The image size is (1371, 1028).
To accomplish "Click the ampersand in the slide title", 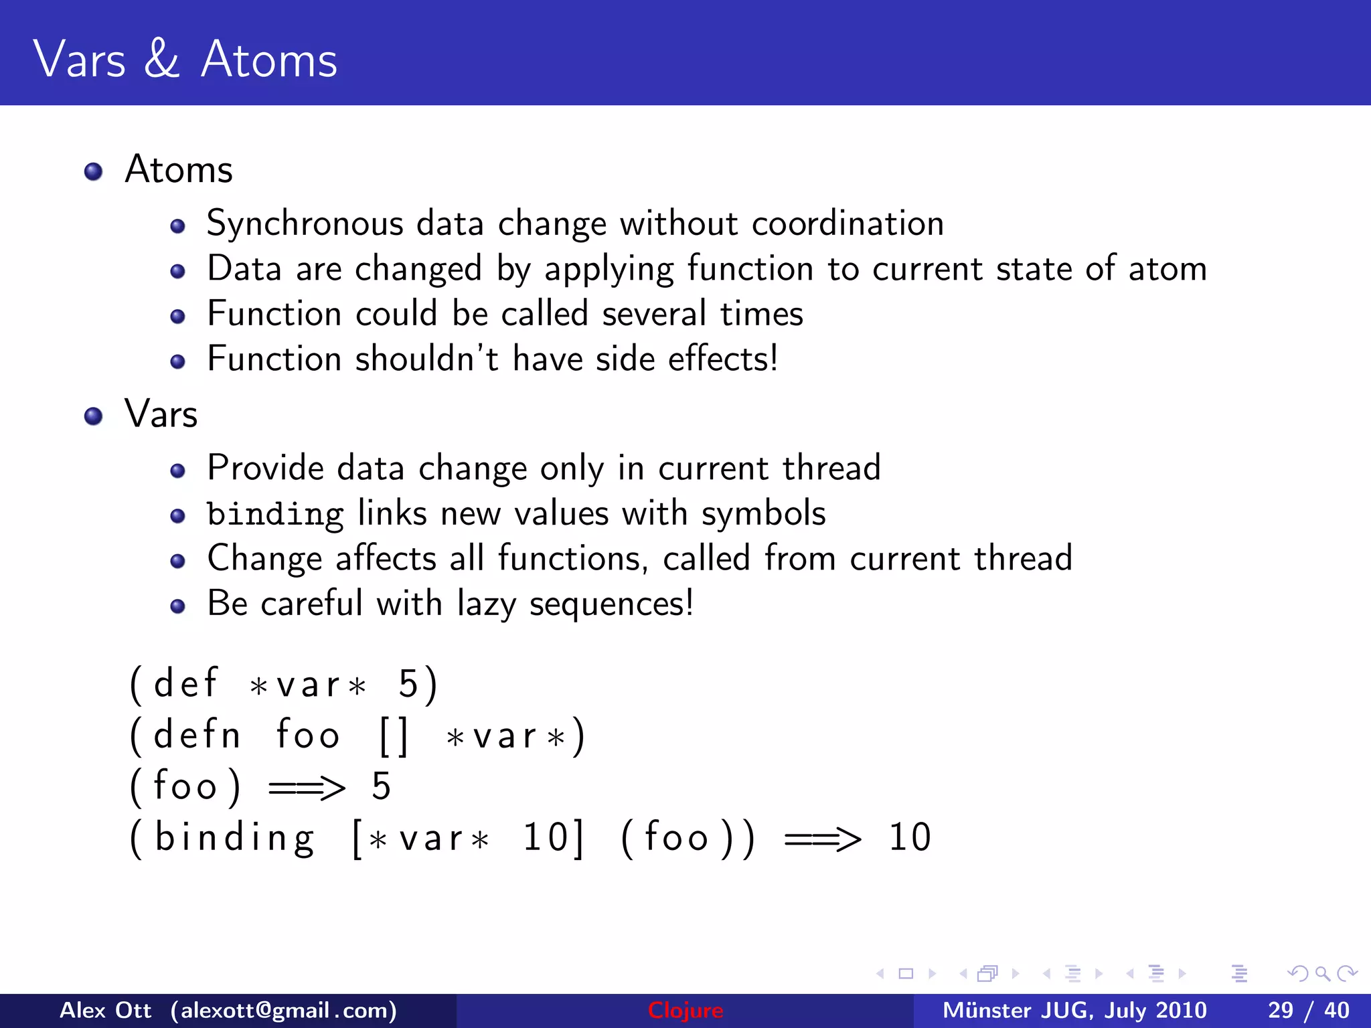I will [x=161, y=59].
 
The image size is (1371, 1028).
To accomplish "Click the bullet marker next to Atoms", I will [x=93, y=172].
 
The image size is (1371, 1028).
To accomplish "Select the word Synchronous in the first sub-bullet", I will [x=305, y=224].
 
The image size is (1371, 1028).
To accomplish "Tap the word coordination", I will [x=848, y=224].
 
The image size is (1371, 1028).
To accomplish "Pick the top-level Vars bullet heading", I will [x=161, y=414].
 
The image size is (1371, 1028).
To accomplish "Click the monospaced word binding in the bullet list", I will [x=275, y=514].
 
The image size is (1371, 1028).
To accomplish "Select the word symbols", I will [x=763, y=514].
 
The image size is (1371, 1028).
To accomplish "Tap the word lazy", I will [x=487, y=604].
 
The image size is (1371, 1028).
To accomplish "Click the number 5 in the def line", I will [x=408, y=685].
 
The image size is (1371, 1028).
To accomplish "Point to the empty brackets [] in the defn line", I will [x=393, y=736].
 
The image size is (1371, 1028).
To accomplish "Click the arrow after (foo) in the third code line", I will [x=307, y=787].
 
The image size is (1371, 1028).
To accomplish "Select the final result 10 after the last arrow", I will [x=909, y=837].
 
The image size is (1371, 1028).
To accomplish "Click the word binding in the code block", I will [x=234, y=838].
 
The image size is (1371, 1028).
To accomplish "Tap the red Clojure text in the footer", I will [x=685, y=1011].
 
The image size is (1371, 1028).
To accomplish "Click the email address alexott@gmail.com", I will [x=283, y=1011].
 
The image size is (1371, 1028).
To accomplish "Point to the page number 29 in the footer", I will [x=1280, y=1011].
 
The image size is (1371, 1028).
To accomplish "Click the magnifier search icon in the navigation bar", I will [x=1321, y=974].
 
